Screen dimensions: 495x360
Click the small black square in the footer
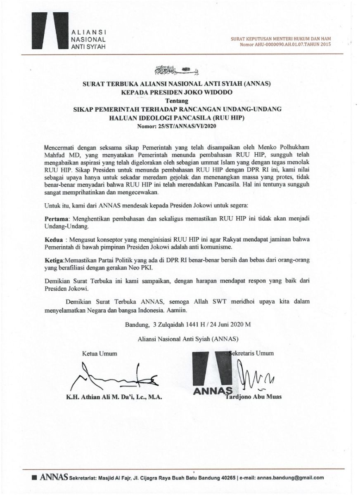click(34, 478)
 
